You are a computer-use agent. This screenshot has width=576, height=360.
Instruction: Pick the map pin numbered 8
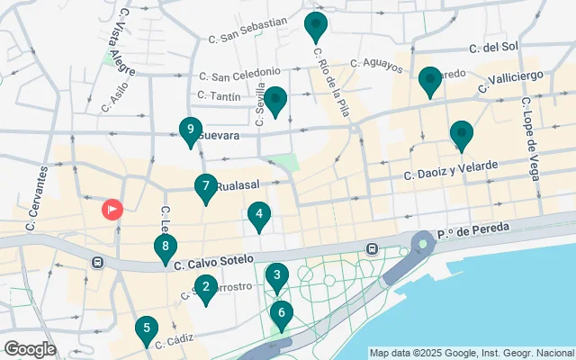click(165, 247)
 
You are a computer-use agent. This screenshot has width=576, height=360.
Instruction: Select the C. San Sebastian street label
click(247, 30)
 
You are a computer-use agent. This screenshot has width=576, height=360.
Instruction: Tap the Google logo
click(30, 348)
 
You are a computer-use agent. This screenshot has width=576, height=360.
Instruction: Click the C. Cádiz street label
click(175, 341)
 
